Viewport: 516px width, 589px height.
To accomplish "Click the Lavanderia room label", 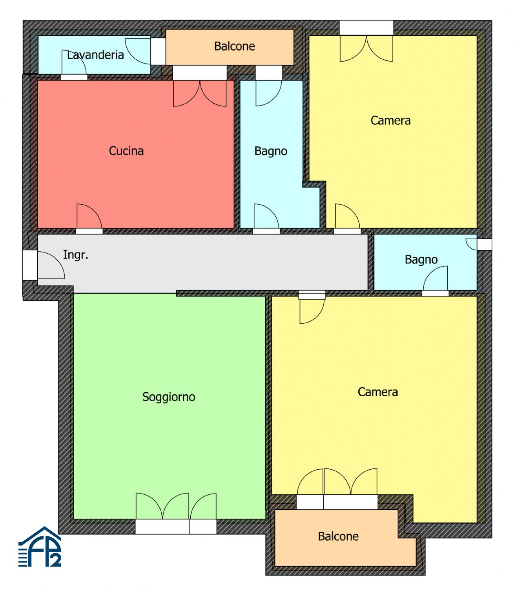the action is coord(95,55).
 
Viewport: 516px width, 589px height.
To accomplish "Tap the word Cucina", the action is coord(126,151).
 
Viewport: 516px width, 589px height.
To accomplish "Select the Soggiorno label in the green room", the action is coord(168,397).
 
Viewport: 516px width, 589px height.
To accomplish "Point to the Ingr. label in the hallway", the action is coord(76,255).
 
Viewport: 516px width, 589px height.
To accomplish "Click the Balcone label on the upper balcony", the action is coord(235,46).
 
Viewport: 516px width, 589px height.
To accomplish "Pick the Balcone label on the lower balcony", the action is coord(338,536).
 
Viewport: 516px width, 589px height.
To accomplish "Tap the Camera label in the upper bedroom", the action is coord(390,121).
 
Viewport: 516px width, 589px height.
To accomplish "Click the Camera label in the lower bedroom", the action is coord(378,392).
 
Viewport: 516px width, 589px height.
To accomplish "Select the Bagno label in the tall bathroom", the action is coord(271,152).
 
